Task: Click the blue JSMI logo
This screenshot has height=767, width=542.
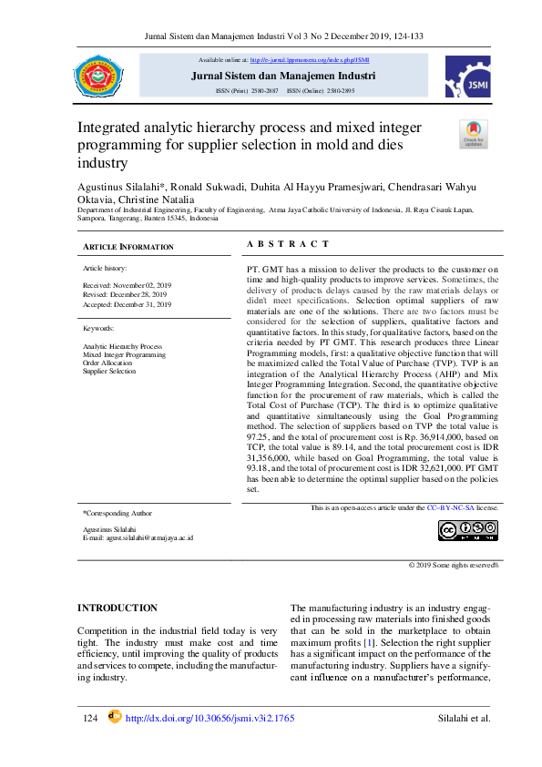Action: [x=467, y=76]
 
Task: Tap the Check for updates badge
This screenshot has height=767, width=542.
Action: [x=474, y=133]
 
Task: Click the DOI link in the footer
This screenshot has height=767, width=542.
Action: [x=210, y=719]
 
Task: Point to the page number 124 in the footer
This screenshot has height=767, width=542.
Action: [x=89, y=719]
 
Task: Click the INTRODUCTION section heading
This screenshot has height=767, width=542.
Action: [x=118, y=608]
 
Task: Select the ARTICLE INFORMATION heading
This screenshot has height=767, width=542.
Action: [x=128, y=247]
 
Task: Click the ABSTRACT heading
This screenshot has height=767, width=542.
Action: [x=288, y=243]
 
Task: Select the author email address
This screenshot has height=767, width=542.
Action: [x=138, y=537]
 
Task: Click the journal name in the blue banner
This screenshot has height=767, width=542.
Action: [x=283, y=76]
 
